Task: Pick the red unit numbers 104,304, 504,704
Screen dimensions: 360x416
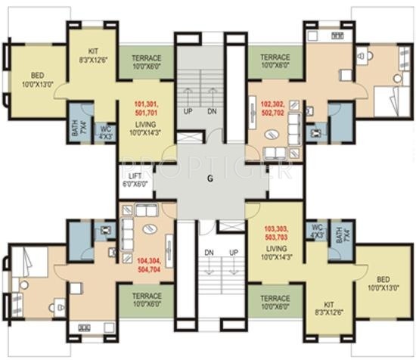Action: point(149,263)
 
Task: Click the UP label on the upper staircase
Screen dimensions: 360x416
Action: point(187,111)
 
